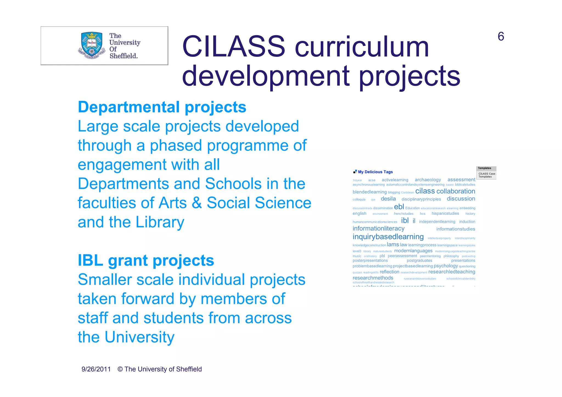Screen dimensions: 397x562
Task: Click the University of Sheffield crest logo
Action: click(92, 46)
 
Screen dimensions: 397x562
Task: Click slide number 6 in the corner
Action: click(501, 36)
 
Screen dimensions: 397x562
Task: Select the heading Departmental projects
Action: click(162, 107)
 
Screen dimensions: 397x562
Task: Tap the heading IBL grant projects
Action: click(146, 260)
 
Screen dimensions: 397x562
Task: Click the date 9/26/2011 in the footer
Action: click(96, 369)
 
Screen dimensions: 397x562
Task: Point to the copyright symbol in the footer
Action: click(120, 369)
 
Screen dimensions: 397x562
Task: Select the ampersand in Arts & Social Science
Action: click(196, 203)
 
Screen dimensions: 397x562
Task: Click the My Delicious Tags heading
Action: click(375, 172)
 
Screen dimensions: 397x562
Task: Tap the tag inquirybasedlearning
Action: click(388, 237)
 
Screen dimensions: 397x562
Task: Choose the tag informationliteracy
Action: click(378, 228)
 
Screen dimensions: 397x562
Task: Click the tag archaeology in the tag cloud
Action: click(428, 180)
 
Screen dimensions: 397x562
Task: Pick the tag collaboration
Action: click(456, 191)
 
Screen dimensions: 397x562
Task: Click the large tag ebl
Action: click(399, 207)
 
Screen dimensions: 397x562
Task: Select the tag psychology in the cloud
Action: click(446, 266)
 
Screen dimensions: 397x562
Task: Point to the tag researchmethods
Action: click(373, 278)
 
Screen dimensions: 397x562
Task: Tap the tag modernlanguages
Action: click(413, 251)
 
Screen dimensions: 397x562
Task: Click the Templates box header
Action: click(485, 168)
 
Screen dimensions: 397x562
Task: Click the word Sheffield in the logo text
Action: click(123, 56)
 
